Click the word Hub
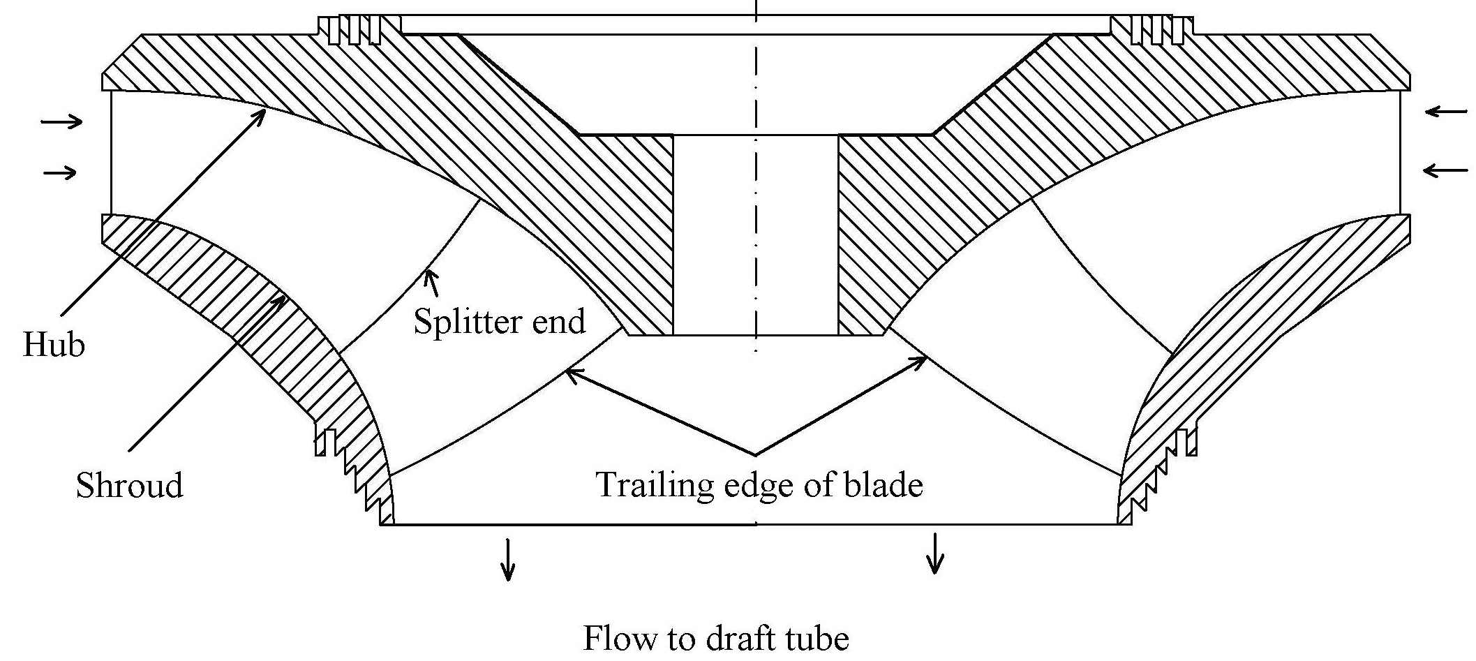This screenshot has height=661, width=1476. pyautogui.click(x=54, y=344)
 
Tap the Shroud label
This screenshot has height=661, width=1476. pyautogui.click(x=129, y=484)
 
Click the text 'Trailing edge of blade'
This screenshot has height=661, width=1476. pyautogui.click(x=759, y=484)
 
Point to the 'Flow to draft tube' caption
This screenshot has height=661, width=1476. pyautogui.click(x=716, y=638)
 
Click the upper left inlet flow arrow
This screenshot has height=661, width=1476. pyautogui.click(x=61, y=122)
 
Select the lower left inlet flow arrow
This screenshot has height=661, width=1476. pyautogui.click(x=61, y=172)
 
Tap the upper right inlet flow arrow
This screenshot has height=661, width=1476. pyautogui.click(x=1445, y=112)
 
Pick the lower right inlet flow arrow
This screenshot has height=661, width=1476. pyautogui.click(x=1445, y=170)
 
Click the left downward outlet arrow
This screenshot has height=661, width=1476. pyautogui.click(x=509, y=559)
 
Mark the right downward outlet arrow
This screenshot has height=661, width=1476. pyautogui.click(x=934, y=554)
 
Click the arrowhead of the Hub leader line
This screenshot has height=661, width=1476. pyautogui.click(x=261, y=112)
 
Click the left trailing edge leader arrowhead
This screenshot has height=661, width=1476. pyautogui.click(x=570, y=372)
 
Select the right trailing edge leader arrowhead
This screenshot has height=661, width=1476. pyautogui.click(x=922, y=361)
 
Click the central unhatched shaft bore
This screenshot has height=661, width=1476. pyautogui.click(x=755, y=235)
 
